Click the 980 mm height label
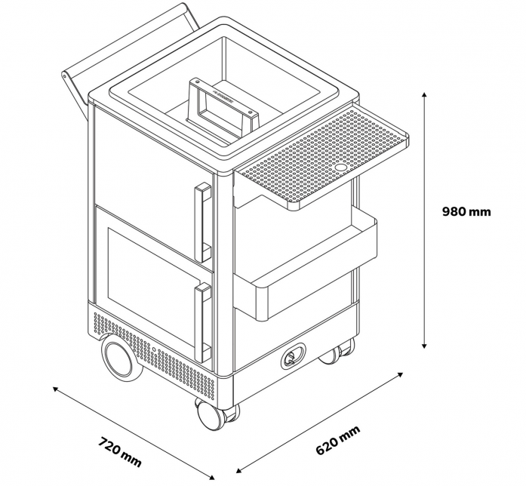click(x=466, y=211)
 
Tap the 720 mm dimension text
click(x=120, y=451)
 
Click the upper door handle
click(x=202, y=222)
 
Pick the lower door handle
click(x=202, y=323)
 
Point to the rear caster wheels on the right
click(x=337, y=352)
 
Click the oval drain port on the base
click(x=293, y=355)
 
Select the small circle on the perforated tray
click(x=342, y=166)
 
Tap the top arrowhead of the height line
click(x=424, y=94)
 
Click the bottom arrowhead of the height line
click(x=424, y=346)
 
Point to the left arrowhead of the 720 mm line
click(x=56, y=389)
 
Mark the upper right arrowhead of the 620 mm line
click(x=399, y=374)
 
